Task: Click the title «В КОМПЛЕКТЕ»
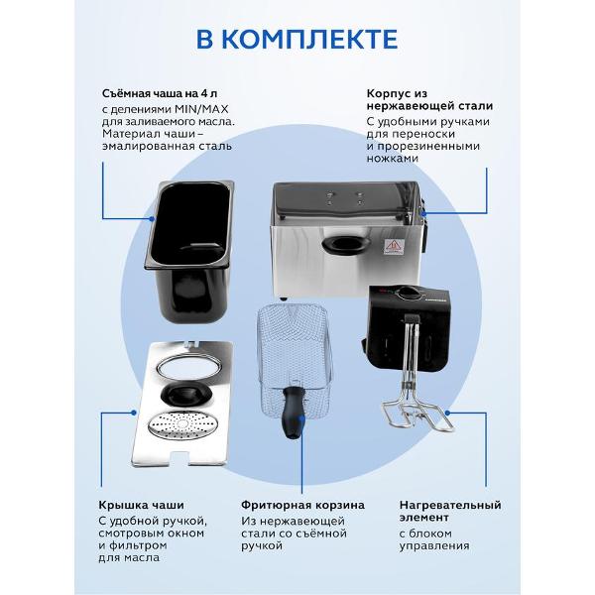click(297, 39)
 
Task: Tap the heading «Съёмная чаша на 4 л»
click(160, 93)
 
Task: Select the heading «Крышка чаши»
click(141, 505)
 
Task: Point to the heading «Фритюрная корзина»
click(302, 505)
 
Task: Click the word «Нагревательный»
click(450, 505)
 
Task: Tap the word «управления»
click(434, 546)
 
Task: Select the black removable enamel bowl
click(189, 251)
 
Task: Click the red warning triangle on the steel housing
click(393, 246)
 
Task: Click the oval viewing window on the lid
click(183, 367)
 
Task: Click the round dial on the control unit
click(407, 293)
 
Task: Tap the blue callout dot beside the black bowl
click(152, 219)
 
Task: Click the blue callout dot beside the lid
click(134, 413)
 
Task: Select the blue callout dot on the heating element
click(447, 413)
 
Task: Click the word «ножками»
click(393, 159)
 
